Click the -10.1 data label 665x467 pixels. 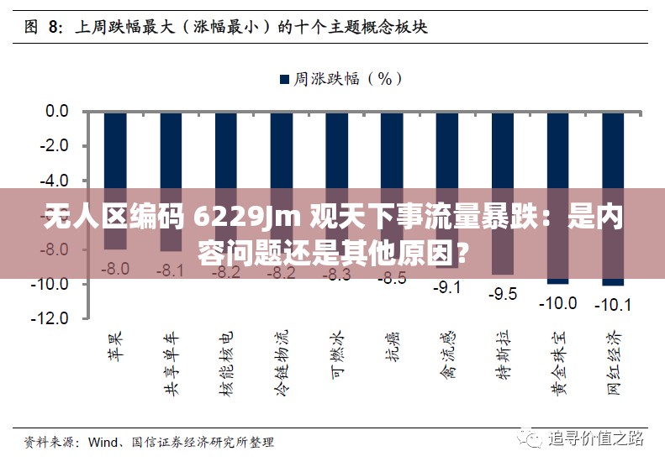(x=612, y=305)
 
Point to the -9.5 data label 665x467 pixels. (x=502, y=294)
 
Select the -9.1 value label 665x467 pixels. (x=446, y=287)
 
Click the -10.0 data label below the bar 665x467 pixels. (x=557, y=302)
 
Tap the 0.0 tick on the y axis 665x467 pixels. (x=57, y=111)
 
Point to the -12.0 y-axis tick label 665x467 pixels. (x=53, y=319)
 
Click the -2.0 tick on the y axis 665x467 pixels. (x=55, y=145)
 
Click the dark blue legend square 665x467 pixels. (x=284, y=79)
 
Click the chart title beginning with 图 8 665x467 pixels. (x=226, y=27)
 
